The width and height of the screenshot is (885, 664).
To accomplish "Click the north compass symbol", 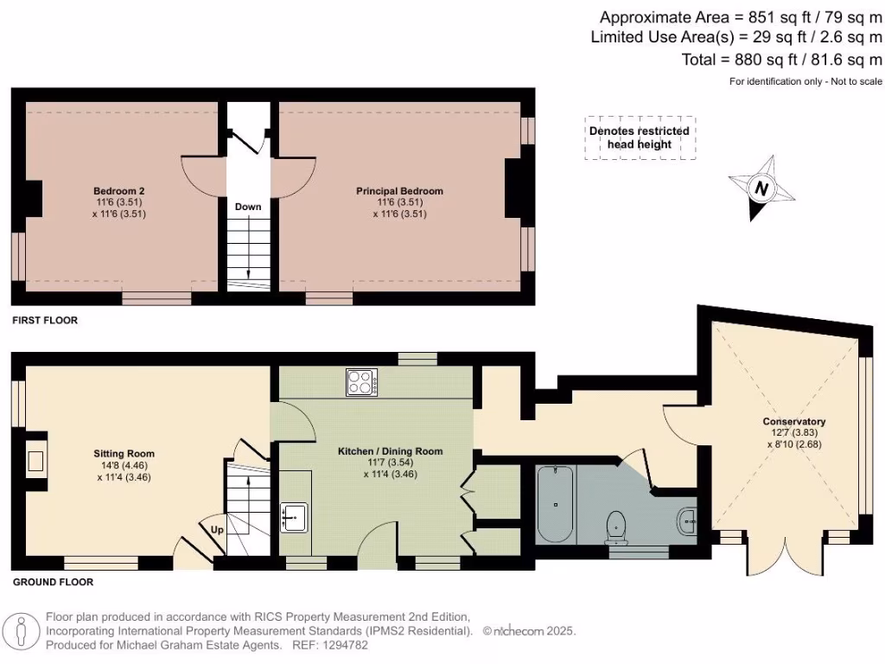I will click(x=761, y=188).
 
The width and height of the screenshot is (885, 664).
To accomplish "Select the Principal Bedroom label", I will click(x=399, y=191).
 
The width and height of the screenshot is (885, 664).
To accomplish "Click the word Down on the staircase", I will click(x=248, y=207).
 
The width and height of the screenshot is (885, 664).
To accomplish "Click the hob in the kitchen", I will click(x=363, y=382).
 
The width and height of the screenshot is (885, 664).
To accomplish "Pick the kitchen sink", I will click(x=294, y=516).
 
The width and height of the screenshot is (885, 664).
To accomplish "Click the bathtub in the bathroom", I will click(x=555, y=503).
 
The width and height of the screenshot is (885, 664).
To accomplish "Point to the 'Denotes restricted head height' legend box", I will click(x=640, y=137).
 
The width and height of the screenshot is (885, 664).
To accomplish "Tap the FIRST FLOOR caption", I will click(x=45, y=321).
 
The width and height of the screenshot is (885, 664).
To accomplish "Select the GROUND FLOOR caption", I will click(x=53, y=583).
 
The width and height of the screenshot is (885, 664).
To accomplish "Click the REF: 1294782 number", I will click(x=321, y=645).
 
